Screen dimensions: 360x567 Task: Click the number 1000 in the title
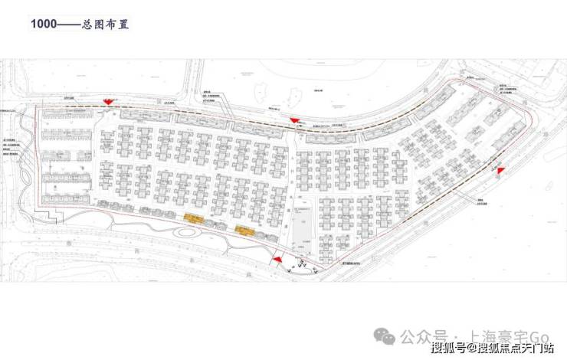pyautogui.click(x=43, y=24)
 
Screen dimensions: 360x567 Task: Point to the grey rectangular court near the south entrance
pyautogui.click(x=301, y=231)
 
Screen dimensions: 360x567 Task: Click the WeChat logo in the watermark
pyautogui.click(x=389, y=335)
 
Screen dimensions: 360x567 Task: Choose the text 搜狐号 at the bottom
pyautogui.click(x=447, y=350)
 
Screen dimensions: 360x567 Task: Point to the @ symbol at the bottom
pyautogui.click(x=473, y=350)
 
